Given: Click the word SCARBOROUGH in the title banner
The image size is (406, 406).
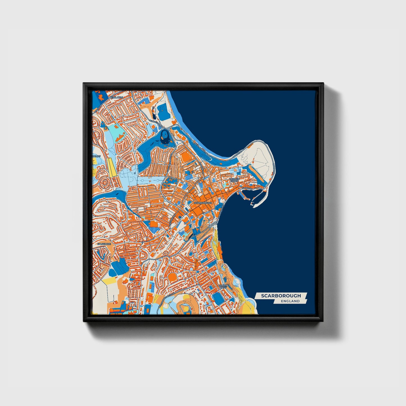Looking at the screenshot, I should pos(281,296).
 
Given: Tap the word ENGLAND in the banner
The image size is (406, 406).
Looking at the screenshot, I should pos(290,301).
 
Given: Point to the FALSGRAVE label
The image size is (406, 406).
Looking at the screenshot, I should pos(104,244).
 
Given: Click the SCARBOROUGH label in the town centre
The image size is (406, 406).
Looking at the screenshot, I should pos(203,203).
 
